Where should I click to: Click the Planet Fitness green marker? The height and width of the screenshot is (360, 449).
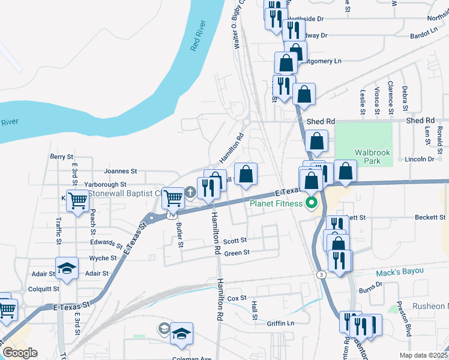pyautogui.click(x=311, y=203)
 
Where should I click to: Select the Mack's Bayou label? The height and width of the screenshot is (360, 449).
pyautogui.click(x=400, y=272)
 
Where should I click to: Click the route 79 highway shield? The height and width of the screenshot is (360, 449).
pyautogui.click(x=172, y=214)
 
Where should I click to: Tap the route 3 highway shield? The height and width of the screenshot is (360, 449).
pyautogui.click(x=322, y=274)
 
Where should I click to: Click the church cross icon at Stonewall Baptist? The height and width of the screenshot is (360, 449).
pyautogui.click(x=190, y=192)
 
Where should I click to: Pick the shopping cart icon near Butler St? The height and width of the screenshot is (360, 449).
pyautogui.click(x=173, y=196)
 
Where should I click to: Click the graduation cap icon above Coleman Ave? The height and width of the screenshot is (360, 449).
pyautogui.click(x=181, y=332)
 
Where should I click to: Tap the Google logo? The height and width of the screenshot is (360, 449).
pyautogui.click(x=20, y=352)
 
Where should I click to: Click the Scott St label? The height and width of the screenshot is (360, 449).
pyautogui.click(x=235, y=241)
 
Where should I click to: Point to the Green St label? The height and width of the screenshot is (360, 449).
pyautogui.click(x=237, y=253)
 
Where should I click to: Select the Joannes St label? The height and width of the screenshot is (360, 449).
pyautogui.click(x=121, y=170)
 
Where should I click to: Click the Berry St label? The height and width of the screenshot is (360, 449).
pyautogui.click(x=61, y=157)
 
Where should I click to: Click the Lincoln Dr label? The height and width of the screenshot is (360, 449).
pyautogui.click(x=419, y=159)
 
